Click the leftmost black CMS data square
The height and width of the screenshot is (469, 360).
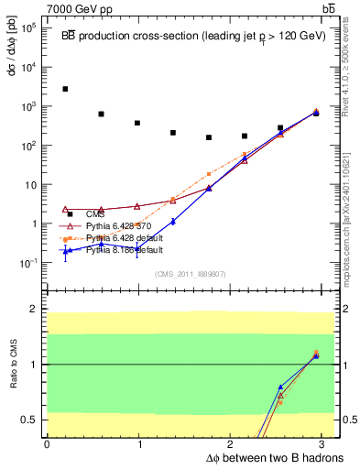[65, 89]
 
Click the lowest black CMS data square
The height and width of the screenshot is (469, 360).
[209, 137]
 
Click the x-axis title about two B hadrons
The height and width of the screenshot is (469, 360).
[261, 456]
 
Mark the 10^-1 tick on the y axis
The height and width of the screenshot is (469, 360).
[27, 263]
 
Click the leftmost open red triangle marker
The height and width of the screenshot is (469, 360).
[65, 209]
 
